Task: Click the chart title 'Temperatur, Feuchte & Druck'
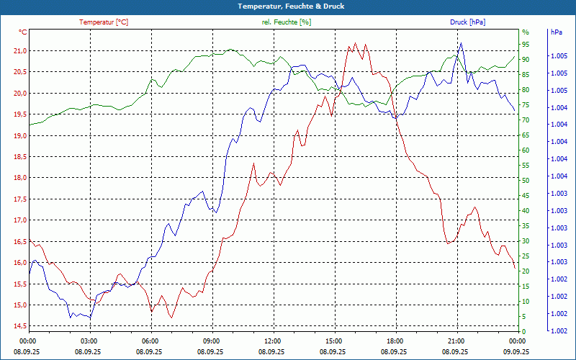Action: coord(288,6)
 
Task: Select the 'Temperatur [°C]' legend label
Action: coord(104,22)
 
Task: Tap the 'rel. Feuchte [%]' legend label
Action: coord(287,22)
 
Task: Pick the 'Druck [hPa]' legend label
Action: coord(467,22)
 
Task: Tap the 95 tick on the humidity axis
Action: coord(526,44)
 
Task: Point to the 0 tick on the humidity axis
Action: coord(523,331)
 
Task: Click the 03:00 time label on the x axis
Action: coord(89,341)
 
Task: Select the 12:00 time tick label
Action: coord(273,341)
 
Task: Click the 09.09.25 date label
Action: coord(516,351)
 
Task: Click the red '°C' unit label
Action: coord(23,32)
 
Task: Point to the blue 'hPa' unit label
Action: coord(556,32)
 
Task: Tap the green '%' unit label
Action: coord(525,32)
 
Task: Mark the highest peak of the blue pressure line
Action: coord(461,42)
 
